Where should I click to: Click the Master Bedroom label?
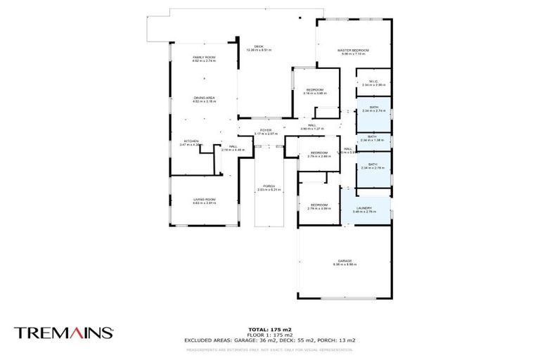point(353,51)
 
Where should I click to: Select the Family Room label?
point(204,58)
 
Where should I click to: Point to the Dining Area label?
point(204,99)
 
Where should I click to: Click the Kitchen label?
point(191,141)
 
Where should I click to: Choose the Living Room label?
point(204,200)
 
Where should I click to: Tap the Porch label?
point(269,187)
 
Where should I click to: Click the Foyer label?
point(266,131)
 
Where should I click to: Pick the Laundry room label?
point(364,209)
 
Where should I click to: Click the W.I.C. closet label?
point(373,82)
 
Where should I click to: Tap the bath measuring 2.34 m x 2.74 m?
point(373,108)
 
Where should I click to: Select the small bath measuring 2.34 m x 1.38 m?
point(373,139)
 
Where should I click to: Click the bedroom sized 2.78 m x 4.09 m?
point(319,206)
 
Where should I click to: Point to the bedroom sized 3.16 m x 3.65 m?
point(314,91)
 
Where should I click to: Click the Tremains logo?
point(63,333)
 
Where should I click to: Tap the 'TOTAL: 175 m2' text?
point(270,329)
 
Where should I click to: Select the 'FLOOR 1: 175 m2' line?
point(270,334)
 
